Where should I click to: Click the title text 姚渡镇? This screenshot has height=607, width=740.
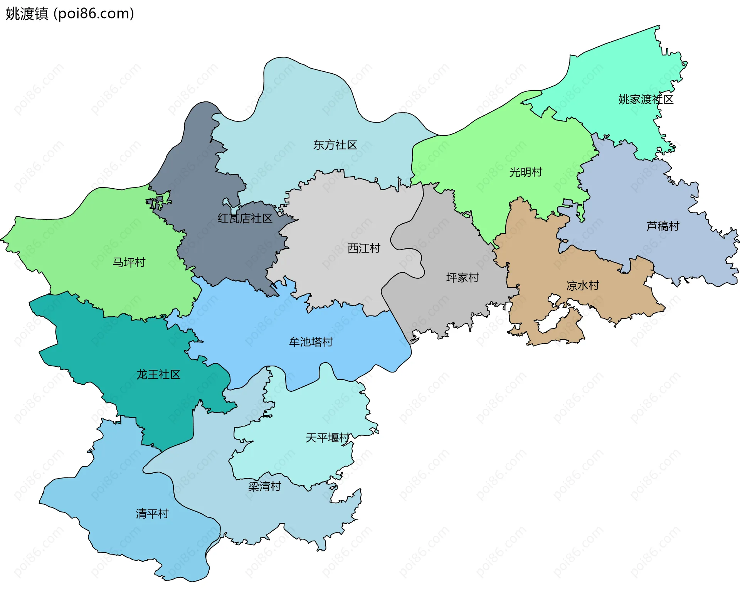pos(27,13)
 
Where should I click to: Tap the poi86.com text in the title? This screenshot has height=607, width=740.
pos(94,13)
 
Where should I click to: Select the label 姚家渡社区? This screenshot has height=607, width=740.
pos(646,99)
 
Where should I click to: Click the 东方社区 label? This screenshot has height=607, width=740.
pos(335,145)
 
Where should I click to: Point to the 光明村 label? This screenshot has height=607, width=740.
pos(526,172)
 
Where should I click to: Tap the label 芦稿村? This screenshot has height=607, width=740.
pos(663,226)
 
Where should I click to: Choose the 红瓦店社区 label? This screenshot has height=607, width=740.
pos(245,218)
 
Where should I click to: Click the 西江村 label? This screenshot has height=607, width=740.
pos(364,248)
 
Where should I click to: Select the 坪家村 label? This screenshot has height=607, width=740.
pos(462,278)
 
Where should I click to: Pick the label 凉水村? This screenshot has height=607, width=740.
pos(582,286)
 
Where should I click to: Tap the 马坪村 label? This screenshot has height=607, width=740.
pos(129,262)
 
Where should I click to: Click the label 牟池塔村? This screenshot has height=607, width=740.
pos(311,342)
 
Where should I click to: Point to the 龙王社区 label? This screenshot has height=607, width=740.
pos(158,374)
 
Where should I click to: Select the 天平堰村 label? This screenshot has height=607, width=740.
pos(327,438)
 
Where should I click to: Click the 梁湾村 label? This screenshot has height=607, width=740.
pos(264,486)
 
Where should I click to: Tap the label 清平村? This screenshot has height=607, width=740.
pos(152,514)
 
